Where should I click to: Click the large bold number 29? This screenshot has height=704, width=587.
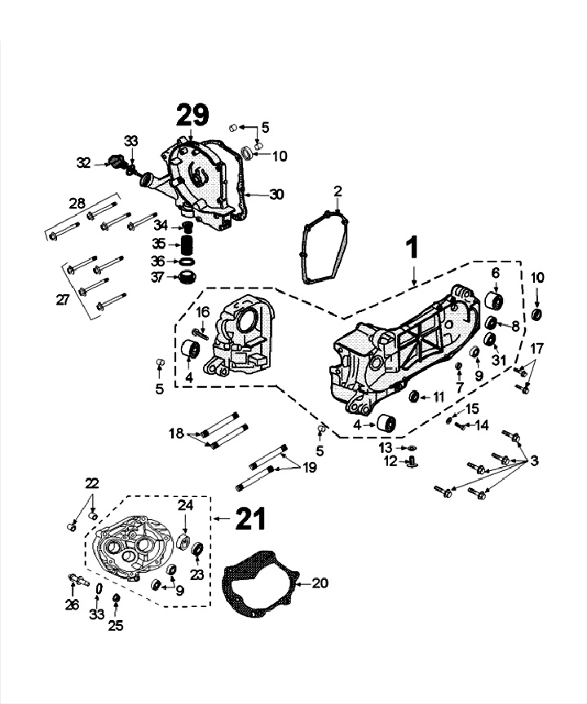(192, 116)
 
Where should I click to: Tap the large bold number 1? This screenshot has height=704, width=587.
(413, 245)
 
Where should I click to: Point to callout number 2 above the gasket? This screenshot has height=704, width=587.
(338, 191)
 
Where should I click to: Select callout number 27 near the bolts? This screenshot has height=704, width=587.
(63, 300)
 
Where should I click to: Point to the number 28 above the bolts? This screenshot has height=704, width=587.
(77, 203)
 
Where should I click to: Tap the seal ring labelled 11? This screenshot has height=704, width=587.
(414, 397)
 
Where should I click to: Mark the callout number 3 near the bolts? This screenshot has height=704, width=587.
(534, 461)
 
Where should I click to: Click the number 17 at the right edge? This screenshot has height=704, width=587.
(535, 349)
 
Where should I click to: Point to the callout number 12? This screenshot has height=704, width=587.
(391, 461)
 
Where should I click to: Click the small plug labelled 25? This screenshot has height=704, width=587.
(116, 601)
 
